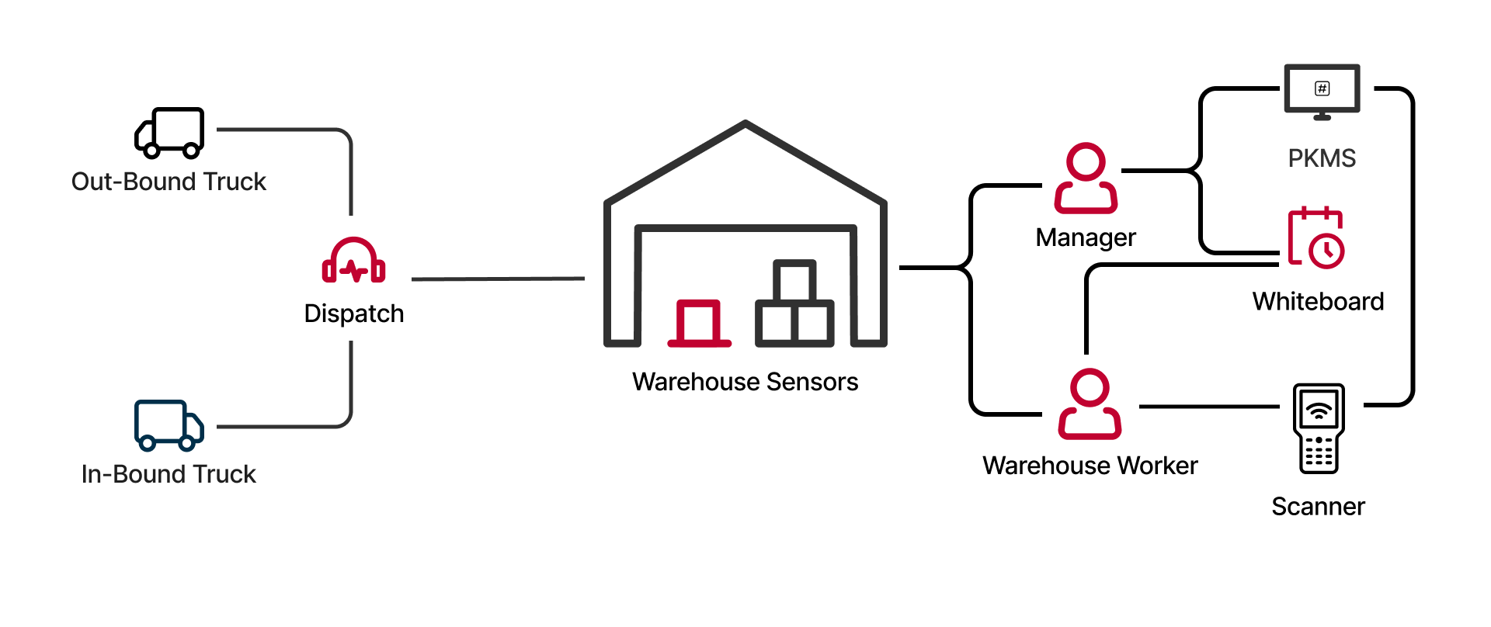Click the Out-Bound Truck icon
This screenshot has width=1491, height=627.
[x=169, y=133]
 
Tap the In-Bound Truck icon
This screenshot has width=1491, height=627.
[x=169, y=425]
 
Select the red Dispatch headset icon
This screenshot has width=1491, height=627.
[x=354, y=261]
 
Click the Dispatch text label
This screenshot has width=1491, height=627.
[x=354, y=313]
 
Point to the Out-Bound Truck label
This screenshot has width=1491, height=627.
[x=169, y=182]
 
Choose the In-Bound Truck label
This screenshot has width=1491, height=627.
[x=169, y=474]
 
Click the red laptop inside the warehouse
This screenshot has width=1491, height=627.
[x=699, y=323]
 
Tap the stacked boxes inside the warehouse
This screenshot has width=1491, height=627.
[x=794, y=304]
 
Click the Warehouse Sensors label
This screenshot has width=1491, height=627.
[x=745, y=382]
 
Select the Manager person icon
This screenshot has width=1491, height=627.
[x=1086, y=178]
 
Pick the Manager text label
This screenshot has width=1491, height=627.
[x=1086, y=237]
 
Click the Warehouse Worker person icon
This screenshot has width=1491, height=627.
[x=1090, y=404]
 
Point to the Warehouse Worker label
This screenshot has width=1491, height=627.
[x=1090, y=466]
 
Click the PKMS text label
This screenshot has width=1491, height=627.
[x=1322, y=158]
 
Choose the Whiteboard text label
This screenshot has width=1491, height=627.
[x=1318, y=301]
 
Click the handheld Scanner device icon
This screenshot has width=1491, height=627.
[x=1319, y=428]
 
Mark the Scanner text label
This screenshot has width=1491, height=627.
[x=1318, y=507]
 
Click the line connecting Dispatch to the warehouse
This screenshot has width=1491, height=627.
[x=498, y=279]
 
